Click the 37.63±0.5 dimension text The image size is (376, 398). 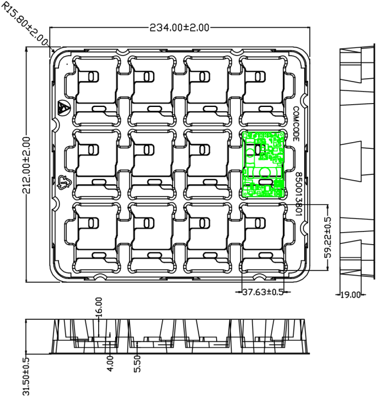click(263, 292)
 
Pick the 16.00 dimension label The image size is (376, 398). click(99, 306)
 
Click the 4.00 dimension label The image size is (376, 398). click(110, 364)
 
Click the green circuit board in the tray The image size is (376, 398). click(264, 164)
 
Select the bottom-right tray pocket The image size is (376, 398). click(264, 237)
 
